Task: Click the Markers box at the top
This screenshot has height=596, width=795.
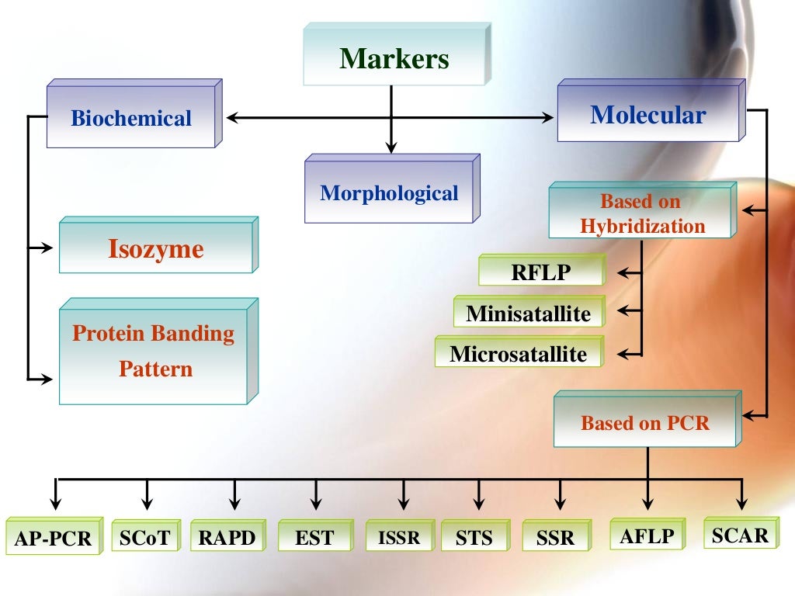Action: (x=394, y=59)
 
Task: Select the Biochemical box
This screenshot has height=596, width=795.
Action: (x=130, y=119)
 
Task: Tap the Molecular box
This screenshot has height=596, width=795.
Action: (x=647, y=116)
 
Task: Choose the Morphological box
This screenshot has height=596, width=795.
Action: (x=389, y=193)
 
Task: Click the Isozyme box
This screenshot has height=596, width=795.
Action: (x=155, y=250)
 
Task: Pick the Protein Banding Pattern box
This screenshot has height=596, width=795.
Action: (x=153, y=352)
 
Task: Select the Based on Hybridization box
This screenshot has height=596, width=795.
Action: (x=641, y=214)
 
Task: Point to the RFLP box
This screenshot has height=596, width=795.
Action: (x=540, y=272)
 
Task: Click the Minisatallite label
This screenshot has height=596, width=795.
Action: (x=528, y=314)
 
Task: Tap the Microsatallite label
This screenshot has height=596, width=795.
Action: (x=518, y=355)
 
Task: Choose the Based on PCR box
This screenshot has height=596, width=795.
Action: (x=645, y=424)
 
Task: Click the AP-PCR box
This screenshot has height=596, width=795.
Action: (x=53, y=538)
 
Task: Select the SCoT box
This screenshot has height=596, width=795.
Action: (x=144, y=537)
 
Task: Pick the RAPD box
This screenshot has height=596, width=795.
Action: (x=227, y=537)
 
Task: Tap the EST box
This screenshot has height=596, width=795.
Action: (x=314, y=537)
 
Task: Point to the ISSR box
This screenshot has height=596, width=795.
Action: (x=398, y=536)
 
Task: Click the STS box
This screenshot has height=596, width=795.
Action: (x=474, y=537)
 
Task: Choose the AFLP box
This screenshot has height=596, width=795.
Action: (x=647, y=535)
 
